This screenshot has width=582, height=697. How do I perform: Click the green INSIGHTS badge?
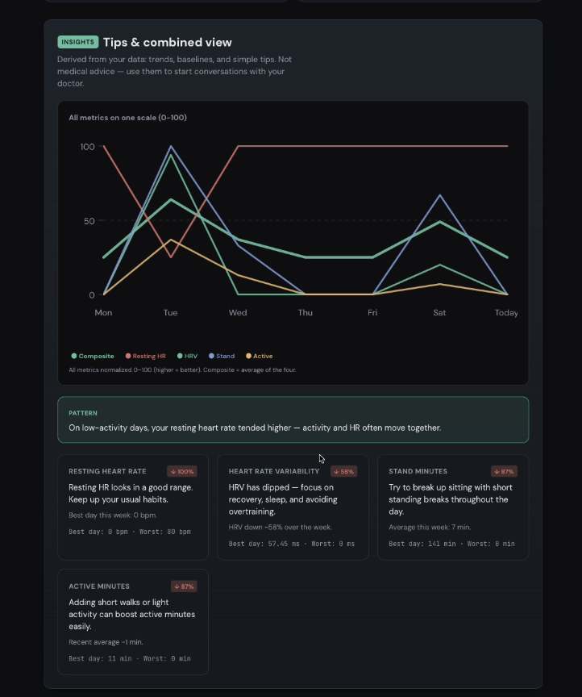(x=77, y=42)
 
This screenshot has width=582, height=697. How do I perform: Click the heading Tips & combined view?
(x=167, y=43)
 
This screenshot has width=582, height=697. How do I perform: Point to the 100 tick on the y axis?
(x=87, y=147)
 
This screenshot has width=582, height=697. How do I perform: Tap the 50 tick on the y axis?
(x=89, y=221)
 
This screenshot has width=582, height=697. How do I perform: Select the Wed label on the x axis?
(x=238, y=312)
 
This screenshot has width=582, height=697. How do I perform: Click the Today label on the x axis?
(x=506, y=312)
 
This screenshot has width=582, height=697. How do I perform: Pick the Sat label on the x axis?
(x=439, y=312)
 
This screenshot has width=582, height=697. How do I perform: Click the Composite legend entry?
(x=93, y=356)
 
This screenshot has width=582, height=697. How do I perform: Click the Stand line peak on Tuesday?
(x=171, y=147)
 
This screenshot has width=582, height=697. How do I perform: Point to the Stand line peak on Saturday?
(x=439, y=195)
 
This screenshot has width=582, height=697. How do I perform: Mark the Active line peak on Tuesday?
(x=171, y=240)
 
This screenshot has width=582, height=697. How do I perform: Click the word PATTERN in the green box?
(x=83, y=413)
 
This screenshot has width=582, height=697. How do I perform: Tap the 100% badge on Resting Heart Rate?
(x=182, y=471)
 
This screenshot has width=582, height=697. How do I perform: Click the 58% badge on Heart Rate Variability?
(x=343, y=471)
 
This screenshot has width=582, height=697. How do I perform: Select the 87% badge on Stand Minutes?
(x=504, y=471)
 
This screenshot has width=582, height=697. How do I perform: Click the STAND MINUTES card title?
(x=418, y=471)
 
